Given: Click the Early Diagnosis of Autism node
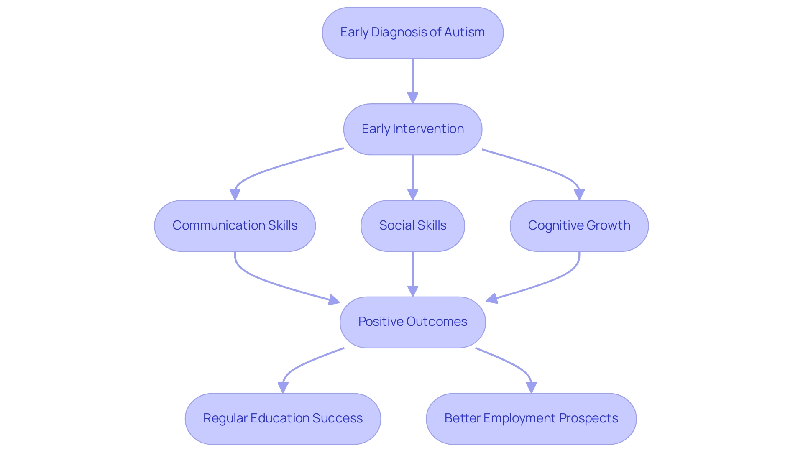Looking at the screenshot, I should (x=412, y=33).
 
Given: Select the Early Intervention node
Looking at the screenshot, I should (x=412, y=129).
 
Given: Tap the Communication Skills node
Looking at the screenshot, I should (x=235, y=226).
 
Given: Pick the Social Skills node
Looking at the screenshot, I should (x=412, y=226).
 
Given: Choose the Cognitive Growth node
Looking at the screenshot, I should (x=579, y=226).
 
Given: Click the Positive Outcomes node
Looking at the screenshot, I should (x=412, y=322).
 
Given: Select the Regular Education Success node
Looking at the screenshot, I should (x=283, y=418).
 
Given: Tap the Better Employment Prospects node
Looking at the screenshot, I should (x=531, y=418).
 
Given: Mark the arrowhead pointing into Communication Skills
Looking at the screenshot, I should (x=235, y=195).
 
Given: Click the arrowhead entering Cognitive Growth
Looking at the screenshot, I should (x=579, y=195).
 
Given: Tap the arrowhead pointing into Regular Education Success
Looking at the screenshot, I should (x=283, y=387).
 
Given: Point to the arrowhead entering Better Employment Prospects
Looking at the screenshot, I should (x=531, y=387).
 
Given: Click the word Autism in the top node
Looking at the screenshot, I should (x=464, y=32).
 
